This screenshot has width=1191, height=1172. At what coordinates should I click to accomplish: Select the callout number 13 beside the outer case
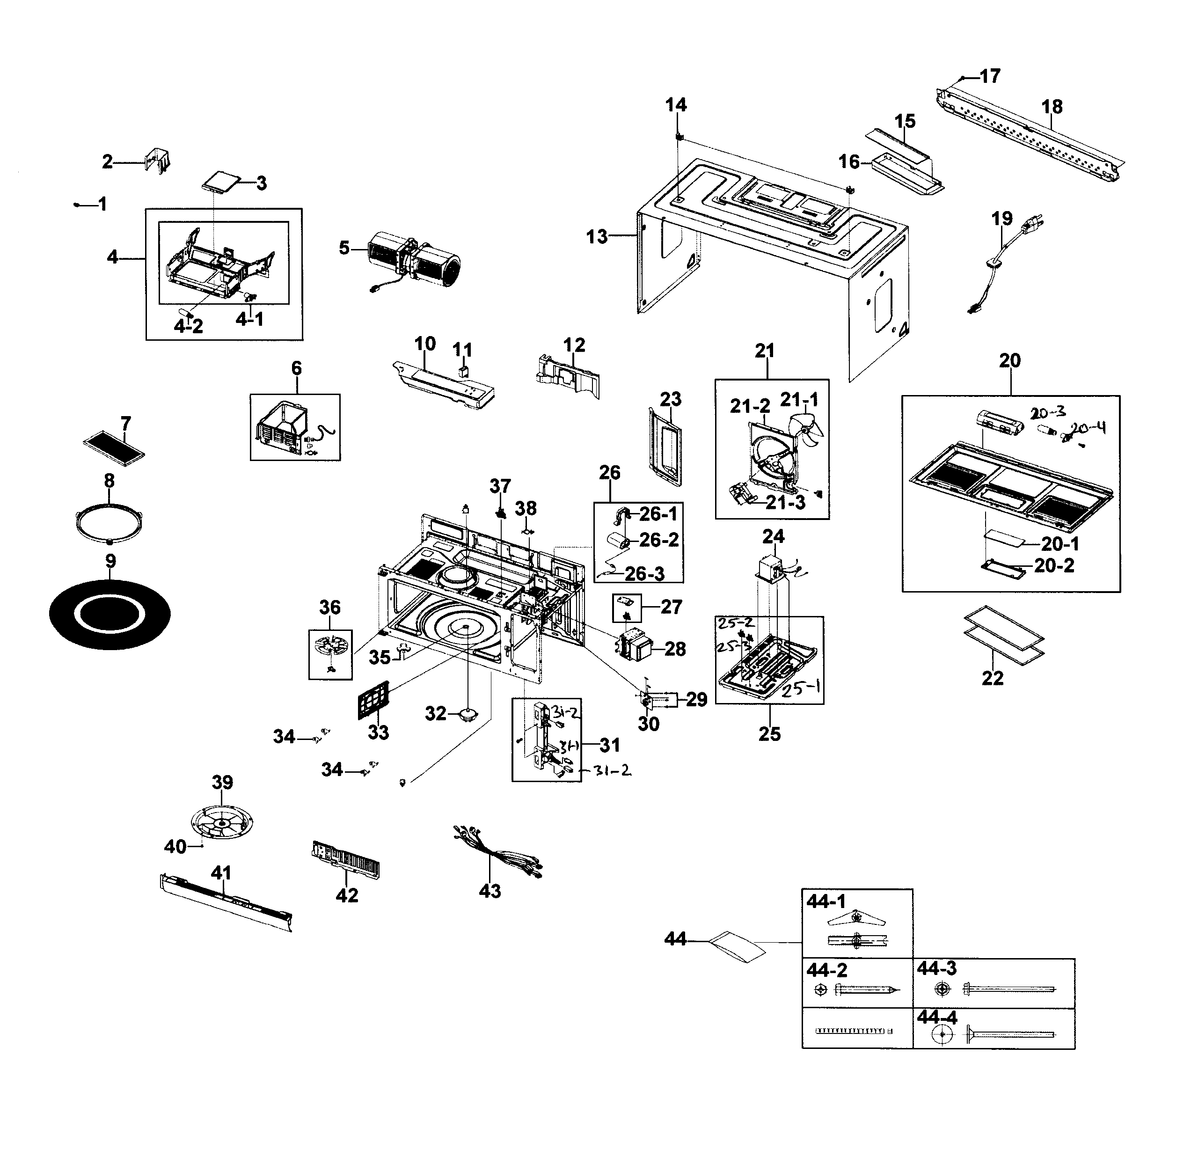click(596, 237)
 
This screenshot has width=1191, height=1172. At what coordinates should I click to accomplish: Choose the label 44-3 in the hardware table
click(936, 968)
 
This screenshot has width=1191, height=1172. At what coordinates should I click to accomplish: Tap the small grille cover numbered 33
click(375, 700)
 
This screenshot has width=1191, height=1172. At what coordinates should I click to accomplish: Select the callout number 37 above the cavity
click(500, 486)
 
